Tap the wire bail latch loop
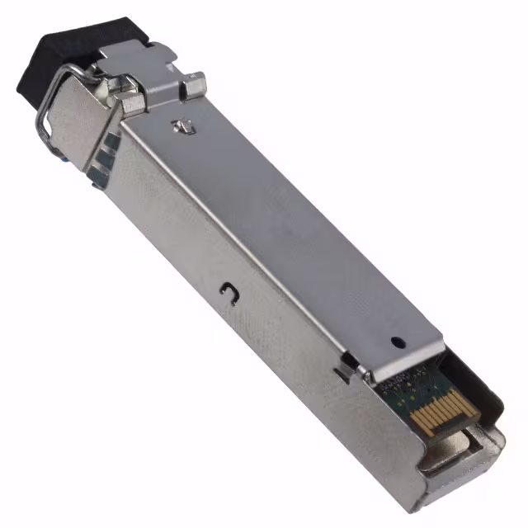point(41,124)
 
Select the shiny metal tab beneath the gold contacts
point(446,462)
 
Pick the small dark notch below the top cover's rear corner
point(340,373)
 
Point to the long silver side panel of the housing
point(247,330)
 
